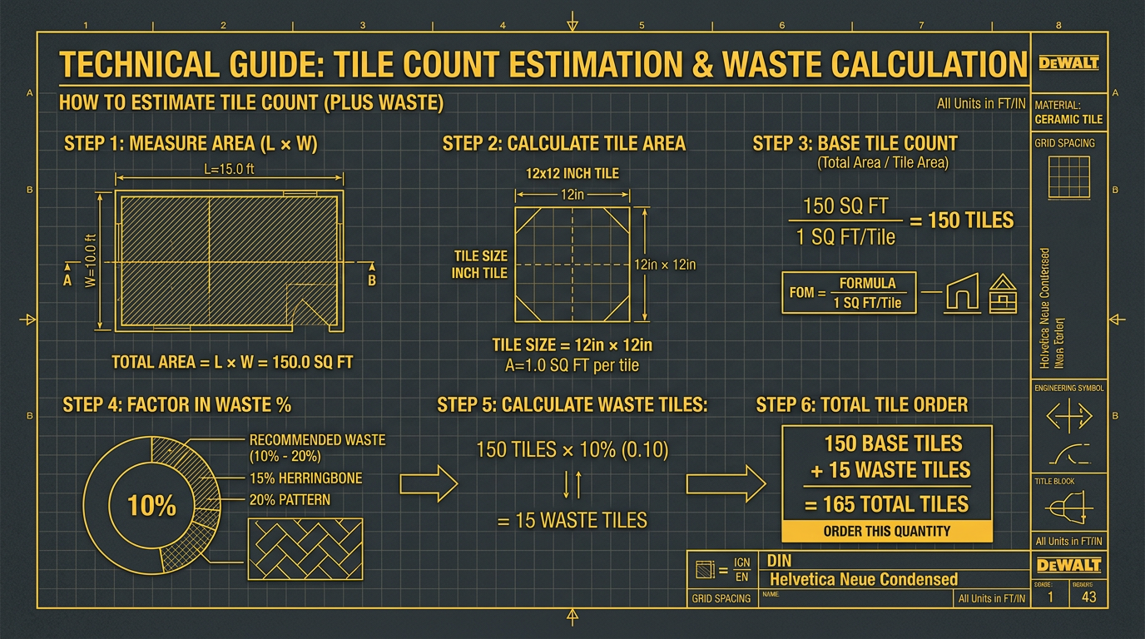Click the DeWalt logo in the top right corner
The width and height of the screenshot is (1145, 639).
(x=1069, y=63)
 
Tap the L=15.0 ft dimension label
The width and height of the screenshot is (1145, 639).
(x=229, y=169)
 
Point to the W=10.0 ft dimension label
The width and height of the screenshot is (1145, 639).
(x=92, y=260)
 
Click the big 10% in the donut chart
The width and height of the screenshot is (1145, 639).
(x=151, y=505)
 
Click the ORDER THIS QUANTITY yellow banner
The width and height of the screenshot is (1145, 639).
(x=887, y=531)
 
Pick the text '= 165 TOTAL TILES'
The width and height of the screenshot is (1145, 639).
(x=887, y=504)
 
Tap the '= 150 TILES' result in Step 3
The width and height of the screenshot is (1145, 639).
(x=961, y=220)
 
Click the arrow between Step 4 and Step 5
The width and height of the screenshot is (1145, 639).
(x=429, y=482)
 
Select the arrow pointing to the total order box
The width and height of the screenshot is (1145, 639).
(x=726, y=483)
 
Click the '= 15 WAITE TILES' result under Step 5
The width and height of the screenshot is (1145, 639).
(x=572, y=521)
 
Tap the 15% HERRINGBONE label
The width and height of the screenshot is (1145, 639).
(x=305, y=478)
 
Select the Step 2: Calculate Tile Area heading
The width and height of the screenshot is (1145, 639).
(x=564, y=144)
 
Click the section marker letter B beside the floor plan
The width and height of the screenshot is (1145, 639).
(x=372, y=280)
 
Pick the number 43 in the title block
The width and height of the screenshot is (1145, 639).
(x=1088, y=597)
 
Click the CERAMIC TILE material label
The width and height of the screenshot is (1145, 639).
(x=1069, y=119)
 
